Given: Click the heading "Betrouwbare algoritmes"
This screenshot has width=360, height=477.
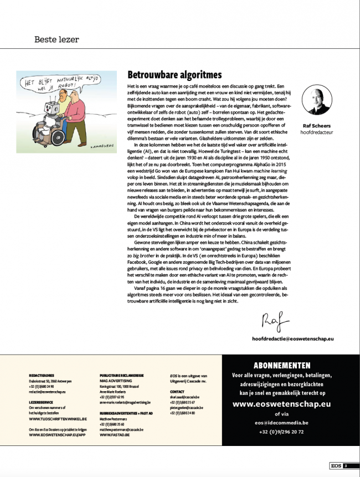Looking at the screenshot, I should tap(174, 75).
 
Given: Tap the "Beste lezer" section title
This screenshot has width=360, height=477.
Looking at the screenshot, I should tap(56, 39).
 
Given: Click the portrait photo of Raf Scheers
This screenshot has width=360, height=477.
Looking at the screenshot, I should tap(317, 101).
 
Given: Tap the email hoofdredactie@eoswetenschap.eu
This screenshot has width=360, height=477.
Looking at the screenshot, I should tap(296, 337).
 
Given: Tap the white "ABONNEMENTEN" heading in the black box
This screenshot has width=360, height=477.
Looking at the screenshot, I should tap(282, 366).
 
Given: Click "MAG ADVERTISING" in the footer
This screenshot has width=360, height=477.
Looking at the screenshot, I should tap(117, 381).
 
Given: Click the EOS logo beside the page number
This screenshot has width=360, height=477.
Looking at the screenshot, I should tap(335, 466).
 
